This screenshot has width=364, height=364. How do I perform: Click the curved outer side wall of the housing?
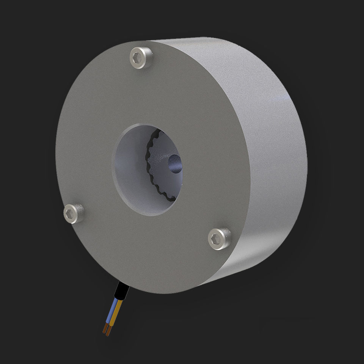pos(265,152)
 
